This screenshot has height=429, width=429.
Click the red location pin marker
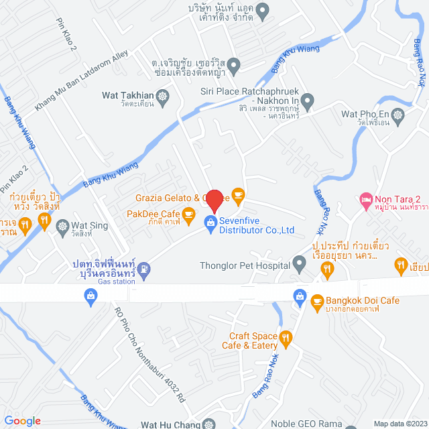[214, 200]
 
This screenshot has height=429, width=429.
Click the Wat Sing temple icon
[62, 226]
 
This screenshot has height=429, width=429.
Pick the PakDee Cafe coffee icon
[188, 214]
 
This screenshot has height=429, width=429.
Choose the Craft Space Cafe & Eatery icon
[286, 339]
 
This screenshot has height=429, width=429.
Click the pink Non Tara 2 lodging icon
[365, 199]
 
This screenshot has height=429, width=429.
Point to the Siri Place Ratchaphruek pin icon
[307, 102]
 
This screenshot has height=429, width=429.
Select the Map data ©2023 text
[400, 423]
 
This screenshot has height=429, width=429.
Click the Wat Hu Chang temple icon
[209, 424]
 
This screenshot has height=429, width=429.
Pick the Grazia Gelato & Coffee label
[178, 198]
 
